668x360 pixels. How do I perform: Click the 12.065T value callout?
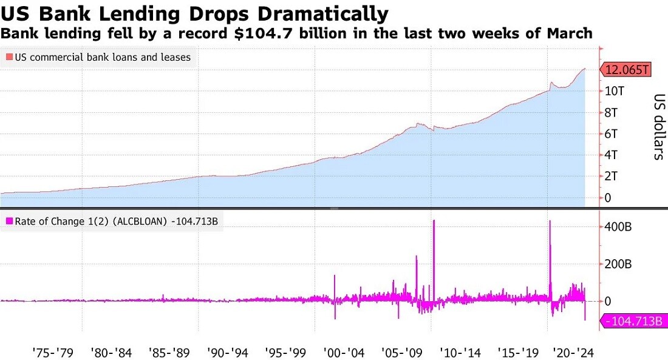coord(625,69)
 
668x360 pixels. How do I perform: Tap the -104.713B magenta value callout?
coord(633,321)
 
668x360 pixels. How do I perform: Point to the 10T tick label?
coord(615,90)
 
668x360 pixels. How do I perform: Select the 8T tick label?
coord(611,112)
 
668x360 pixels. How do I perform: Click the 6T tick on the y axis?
coord(611,134)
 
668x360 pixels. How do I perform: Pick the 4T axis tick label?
coord(611,155)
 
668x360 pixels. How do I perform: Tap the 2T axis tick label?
coord(611,176)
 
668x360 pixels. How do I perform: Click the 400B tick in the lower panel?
coord(618,226)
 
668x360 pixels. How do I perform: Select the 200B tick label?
coord(618,264)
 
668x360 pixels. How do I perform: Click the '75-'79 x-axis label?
coord(53,353)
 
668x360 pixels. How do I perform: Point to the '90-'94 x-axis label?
coord(228,353)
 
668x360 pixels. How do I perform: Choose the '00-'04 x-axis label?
coord(344,353)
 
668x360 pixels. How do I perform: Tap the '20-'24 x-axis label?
coord(573,353)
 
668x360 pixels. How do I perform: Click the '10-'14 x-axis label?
coord(460,353)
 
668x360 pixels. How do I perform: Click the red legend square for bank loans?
coord(9,57)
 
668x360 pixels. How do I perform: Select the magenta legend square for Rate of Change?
coord(9,221)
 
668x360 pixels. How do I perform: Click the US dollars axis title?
coord(659,126)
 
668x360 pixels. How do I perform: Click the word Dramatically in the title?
coord(323,13)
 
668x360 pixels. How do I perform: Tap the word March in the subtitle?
coord(570,33)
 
